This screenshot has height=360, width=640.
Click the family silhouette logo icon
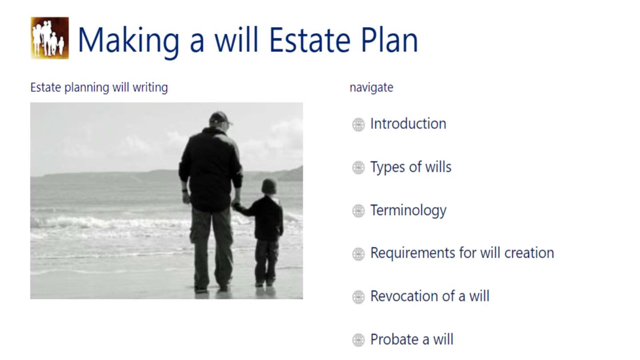pyautogui.click(x=50, y=38)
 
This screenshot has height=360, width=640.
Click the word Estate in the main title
pyautogui.click(x=310, y=40)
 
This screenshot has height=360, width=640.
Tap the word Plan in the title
pyautogui.click(x=390, y=40)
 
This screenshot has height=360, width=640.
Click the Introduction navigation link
pyautogui.click(x=408, y=124)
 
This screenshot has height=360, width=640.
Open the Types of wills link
pyautogui.click(x=411, y=167)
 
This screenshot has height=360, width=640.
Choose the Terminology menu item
pyautogui.click(x=408, y=211)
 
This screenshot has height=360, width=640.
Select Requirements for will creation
pyautogui.click(x=462, y=253)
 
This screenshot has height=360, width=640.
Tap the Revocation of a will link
pyautogui.click(x=430, y=296)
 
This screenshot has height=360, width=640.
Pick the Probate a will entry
pyautogui.click(x=412, y=340)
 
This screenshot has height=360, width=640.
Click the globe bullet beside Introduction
pyautogui.click(x=358, y=124)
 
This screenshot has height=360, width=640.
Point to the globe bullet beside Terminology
pyautogui.click(x=358, y=211)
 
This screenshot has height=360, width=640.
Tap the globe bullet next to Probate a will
pyautogui.click(x=358, y=340)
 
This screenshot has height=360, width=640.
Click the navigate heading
pyautogui.click(x=372, y=88)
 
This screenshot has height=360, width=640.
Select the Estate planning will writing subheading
pyautogui.click(x=99, y=88)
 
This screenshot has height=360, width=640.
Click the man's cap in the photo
pyautogui.click(x=220, y=118)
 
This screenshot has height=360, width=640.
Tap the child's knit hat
pyautogui.click(x=269, y=186)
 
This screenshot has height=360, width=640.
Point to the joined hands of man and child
pyautogui.click(x=236, y=205)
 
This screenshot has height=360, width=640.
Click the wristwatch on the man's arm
pyautogui.click(x=185, y=191)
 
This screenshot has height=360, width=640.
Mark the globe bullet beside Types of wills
pyautogui.click(x=358, y=168)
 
